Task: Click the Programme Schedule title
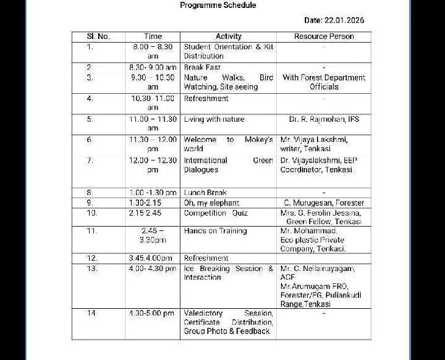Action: pos(218,5)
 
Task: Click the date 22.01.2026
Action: pos(333,21)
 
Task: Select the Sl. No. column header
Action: pos(98,37)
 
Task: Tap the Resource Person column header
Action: pos(324,37)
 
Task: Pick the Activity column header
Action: pos(229,37)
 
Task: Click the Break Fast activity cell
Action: pos(202,68)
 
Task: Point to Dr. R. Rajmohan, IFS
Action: pos(324,119)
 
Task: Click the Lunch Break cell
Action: pos(205,192)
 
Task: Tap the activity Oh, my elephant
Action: pos(212,203)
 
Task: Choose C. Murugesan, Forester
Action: pos(324,203)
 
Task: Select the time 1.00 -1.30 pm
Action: pos(153,192)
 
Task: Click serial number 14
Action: pos(91,313)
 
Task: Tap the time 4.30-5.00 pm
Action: pos(152,313)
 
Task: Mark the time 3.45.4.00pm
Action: pos(151,258)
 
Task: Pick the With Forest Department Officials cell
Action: pos(324,82)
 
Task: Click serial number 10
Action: pos(91,213)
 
